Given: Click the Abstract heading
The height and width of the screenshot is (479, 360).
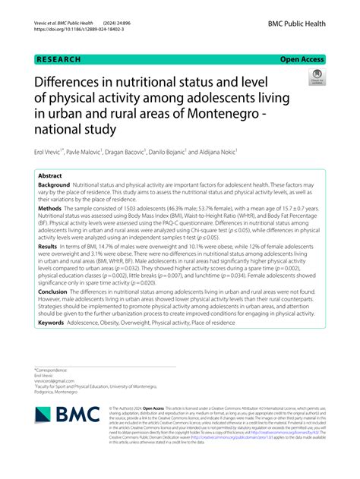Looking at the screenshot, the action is pyautogui.click(x=50, y=175).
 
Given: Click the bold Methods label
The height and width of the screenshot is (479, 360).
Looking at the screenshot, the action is pyautogui.click(x=50, y=208).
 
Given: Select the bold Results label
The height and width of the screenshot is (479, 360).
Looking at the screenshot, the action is pyautogui.click(x=47, y=247).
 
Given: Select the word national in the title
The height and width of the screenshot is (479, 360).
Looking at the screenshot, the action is pyautogui.click(x=58, y=129).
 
